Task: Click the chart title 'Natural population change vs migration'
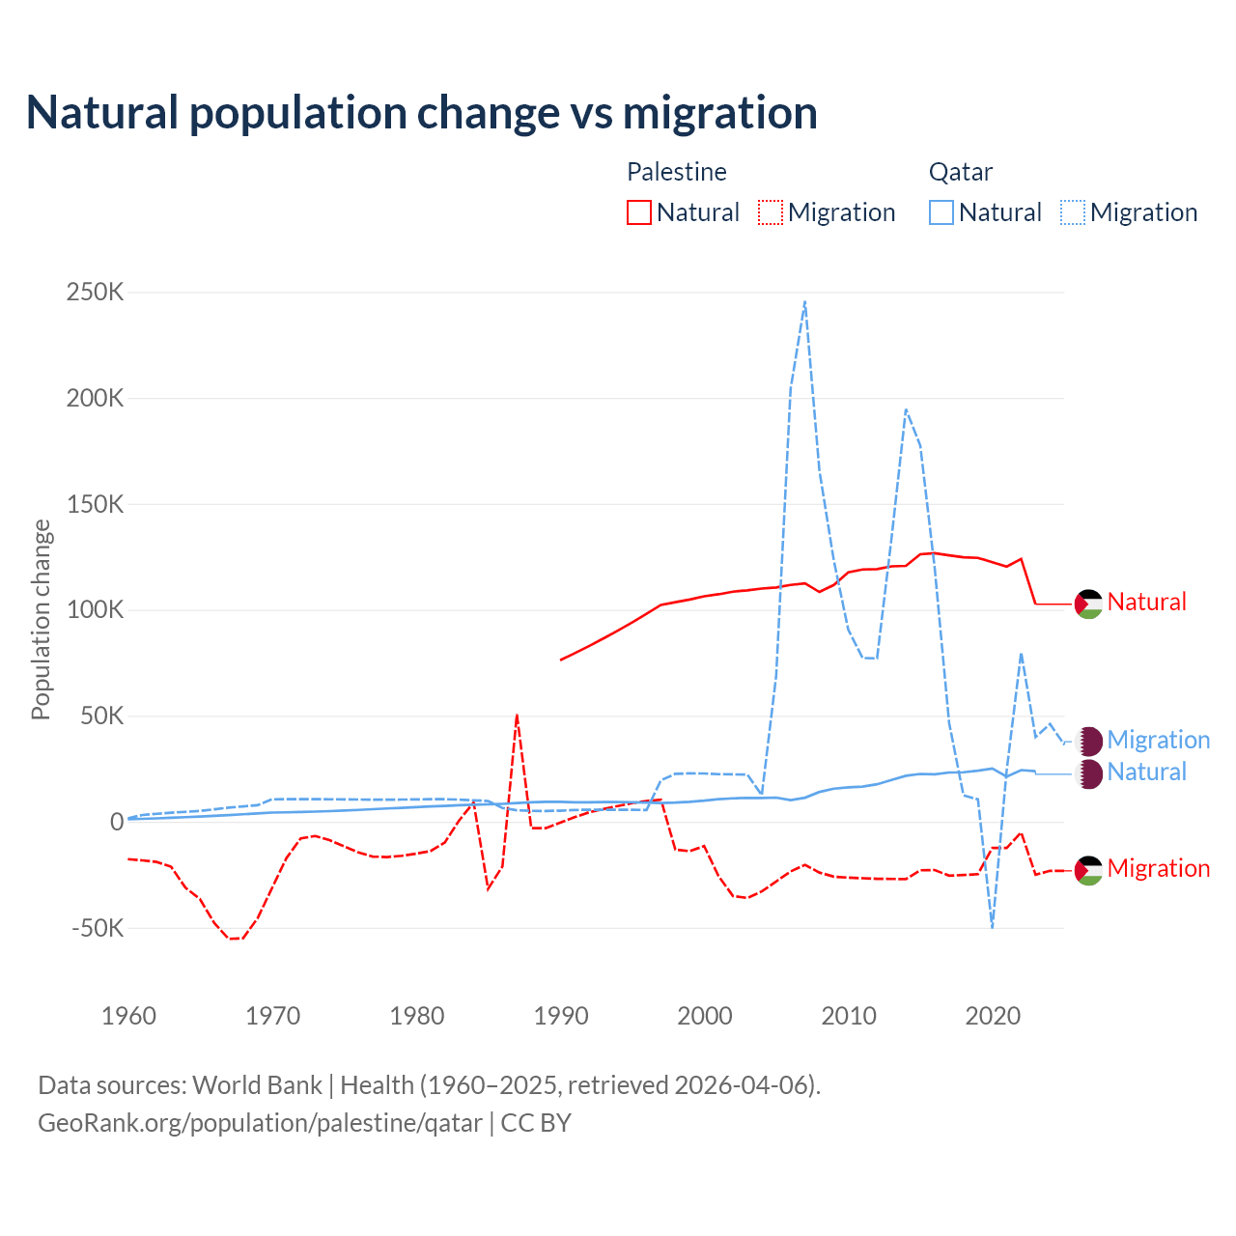coord(422,113)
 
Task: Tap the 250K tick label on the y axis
coord(95,292)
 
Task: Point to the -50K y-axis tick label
coord(98,928)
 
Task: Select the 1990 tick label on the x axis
coord(561,1016)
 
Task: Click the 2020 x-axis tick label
coord(993,1016)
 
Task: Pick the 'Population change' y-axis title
coord(41,619)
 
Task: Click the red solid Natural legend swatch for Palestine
coord(639,212)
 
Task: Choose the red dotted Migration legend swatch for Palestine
coord(771,212)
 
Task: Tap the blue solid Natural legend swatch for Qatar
coord(941,212)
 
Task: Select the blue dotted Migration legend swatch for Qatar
coord(1073,212)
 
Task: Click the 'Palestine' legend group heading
coord(677,172)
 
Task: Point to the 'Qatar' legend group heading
coord(961,172)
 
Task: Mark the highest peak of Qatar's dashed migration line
coord(805,302)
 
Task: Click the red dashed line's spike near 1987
coord(518,716)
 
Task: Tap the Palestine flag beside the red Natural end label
coord(1088,604)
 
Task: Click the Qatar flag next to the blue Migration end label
coord(1088,741)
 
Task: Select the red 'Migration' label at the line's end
coord(1158,868)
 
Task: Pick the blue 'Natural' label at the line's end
coord(1146,772)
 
